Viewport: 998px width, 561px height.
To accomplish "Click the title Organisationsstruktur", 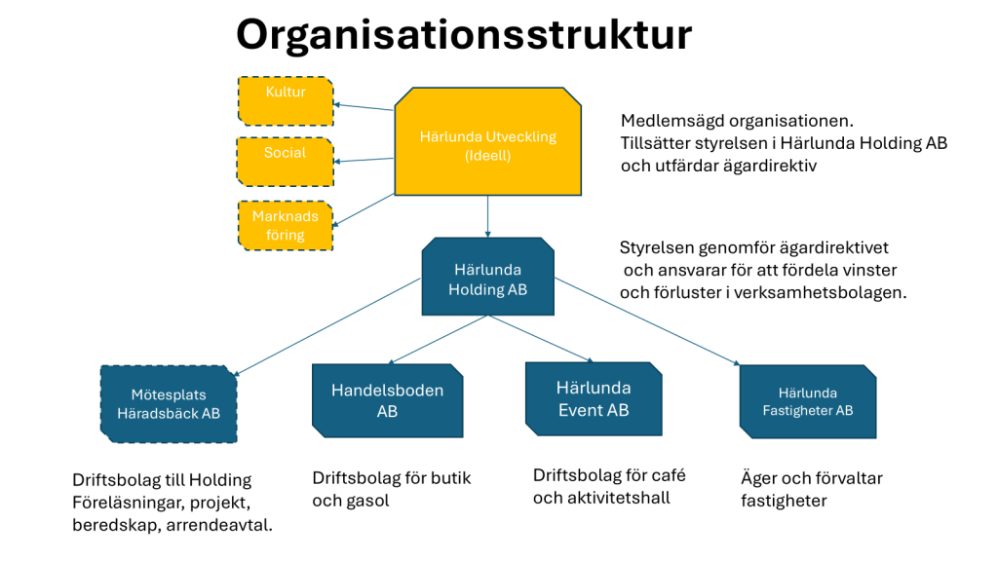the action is [x=464, y=36].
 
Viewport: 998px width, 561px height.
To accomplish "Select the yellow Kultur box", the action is [x=286, y=101].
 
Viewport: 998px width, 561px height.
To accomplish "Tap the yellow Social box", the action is [x=286, y=162].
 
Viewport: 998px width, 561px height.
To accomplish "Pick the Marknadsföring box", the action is [x=286, y=225].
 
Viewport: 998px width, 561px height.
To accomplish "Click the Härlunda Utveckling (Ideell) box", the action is [x=487, y=141].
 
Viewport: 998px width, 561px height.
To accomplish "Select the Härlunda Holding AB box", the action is [x=487, y=277].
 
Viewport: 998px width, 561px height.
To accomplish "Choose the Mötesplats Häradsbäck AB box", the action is [x=169, y=404].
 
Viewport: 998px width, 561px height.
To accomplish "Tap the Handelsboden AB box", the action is [x=387, y=400].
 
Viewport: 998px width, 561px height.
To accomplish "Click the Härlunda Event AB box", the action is [x=594, y=398].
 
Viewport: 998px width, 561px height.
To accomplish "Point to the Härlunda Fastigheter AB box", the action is [x=808, y=401].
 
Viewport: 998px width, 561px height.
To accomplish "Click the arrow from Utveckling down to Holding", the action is [x=487, y=216].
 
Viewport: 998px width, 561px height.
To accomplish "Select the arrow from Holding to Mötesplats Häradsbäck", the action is [x=327, y=327].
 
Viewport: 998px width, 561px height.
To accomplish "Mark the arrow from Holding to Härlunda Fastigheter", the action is [x=647, y=321].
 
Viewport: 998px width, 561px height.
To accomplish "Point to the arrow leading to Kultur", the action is [x=364, y=107].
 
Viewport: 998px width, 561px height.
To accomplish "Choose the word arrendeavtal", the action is [x=219, y=525].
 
